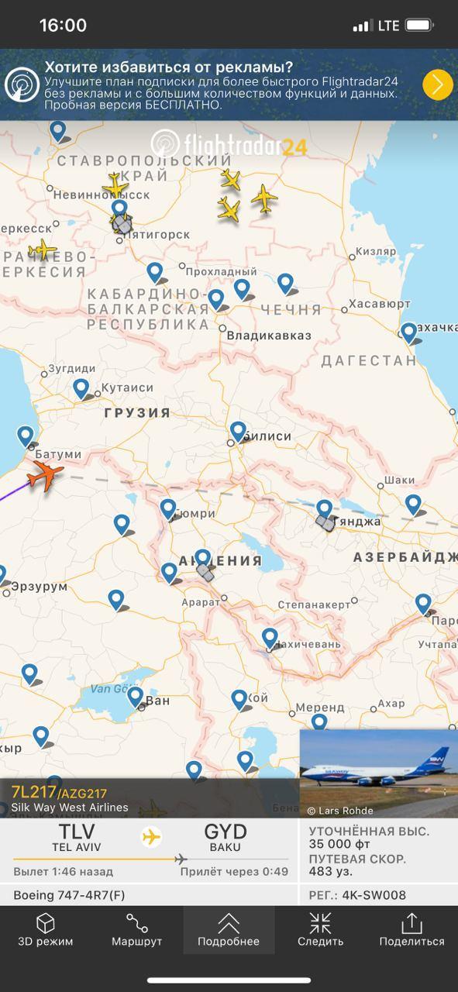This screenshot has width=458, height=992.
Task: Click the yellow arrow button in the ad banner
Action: pyautogui.click(x=438, y=84)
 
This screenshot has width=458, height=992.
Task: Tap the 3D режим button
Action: pyautogui.click(x=46, y=929)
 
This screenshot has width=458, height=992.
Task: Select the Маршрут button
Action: pyautogui.click(x=137, y=929)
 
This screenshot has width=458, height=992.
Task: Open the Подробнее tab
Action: pyautogui.click(x=229, y=929)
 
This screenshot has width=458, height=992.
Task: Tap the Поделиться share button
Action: pyautogui.click(x=412, y=929)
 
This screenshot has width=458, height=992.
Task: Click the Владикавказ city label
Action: pyautogui.click(x=269, y=336)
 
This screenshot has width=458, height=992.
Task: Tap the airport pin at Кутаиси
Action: pyautogui.click(x=81, y=388)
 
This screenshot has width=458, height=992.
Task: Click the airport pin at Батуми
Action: pyautogui.click(x=26, y=436)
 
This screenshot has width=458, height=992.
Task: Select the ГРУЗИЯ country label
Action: pyautogui.click(x=137, y=413)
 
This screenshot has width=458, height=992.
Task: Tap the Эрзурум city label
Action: pyautogui.click(x=39, y=587)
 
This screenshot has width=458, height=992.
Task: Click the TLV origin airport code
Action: pyautogui.click(x=77, y=832)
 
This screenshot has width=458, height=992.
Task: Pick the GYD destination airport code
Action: pyautogui.click(x=225, y=832)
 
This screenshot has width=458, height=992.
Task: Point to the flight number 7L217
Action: pyautogui.click(x=33, y=792)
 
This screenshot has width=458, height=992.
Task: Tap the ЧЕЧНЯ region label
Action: pyautogui.click(x=291, y=310)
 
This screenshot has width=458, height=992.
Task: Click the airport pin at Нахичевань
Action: pyautogui.click(x=270, y=638)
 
